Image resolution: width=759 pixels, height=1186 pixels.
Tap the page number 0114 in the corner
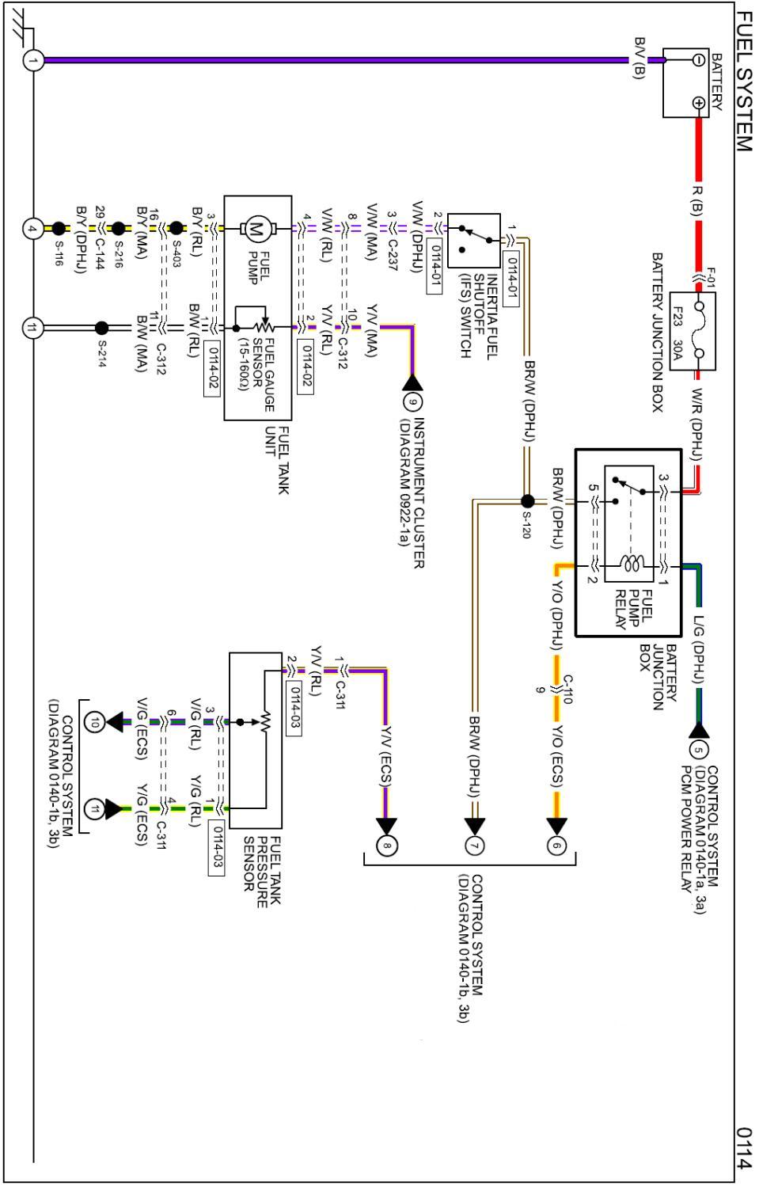tap(743, 1147)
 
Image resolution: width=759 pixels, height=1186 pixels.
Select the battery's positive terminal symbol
tap(698, 102)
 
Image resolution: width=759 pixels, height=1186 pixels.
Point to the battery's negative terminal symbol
tap(698, 59)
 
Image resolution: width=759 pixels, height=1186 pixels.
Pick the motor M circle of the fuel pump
tap(256, 229)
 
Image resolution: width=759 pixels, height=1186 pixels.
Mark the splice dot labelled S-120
tap(527, 501)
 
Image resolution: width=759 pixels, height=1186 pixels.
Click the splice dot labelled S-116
tap(58, 229)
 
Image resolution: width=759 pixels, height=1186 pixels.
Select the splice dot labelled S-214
tap(101, 328)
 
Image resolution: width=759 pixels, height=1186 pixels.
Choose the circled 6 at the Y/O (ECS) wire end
tap(556, 846)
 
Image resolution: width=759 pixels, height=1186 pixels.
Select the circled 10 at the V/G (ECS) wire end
tap(95, 721)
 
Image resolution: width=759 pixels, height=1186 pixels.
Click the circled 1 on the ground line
tap(32, 59)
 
